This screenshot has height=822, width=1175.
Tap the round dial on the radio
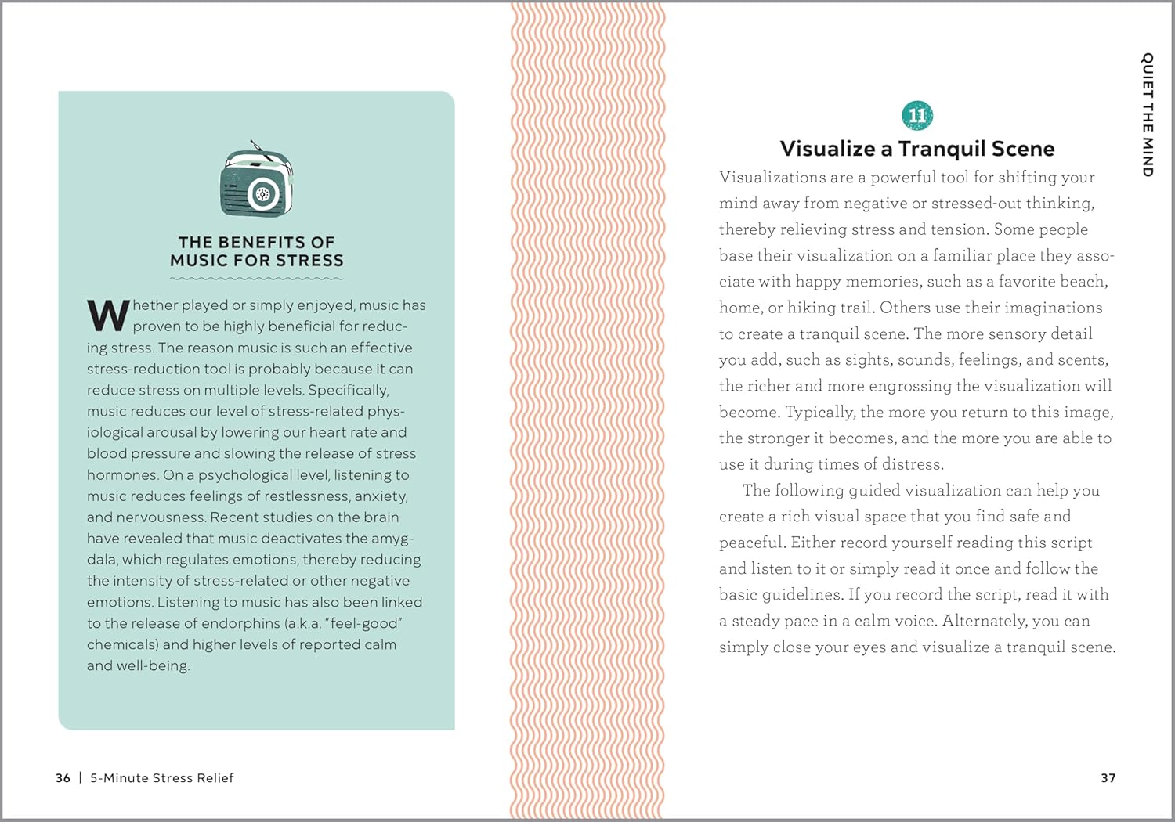[x=263, y=194]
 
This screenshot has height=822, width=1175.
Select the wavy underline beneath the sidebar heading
[x=256, y=278]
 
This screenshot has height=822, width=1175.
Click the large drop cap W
[x=108, y=315]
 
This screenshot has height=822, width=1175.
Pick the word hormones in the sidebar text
[x=122, y=475]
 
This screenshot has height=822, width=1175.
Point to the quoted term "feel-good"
[x=367, y=623]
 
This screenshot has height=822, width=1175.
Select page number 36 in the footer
[x=63, y=778]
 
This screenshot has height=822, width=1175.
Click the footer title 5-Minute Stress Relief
[x=162, y=778]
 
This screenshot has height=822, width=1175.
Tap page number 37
[x=1108, y=778]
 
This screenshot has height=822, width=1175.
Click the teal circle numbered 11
[x=917, y=116]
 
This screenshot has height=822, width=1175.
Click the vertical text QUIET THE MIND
[x=1148, y=114]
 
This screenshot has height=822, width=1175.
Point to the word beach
[x=1083, y=282]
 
